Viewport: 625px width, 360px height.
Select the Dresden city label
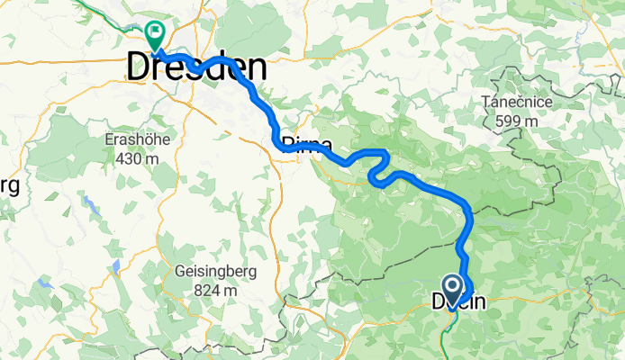[x=197, y=67]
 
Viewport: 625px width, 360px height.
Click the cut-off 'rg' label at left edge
[x=9, y=186]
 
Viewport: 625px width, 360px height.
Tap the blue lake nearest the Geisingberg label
[x=116, y=266]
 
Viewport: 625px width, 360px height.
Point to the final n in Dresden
[x=257, y=67]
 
